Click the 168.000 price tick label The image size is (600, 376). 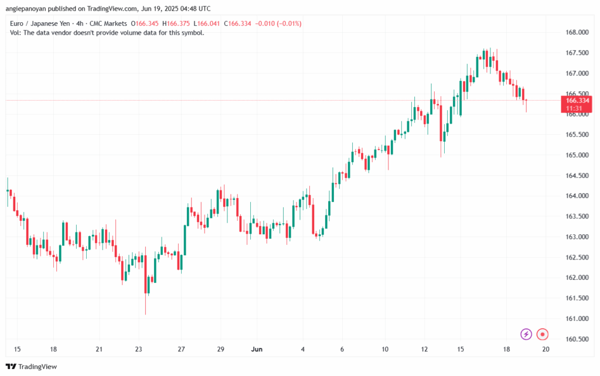(577, 32)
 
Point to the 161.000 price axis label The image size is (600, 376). (577, 319)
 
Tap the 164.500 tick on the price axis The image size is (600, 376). (577, 176)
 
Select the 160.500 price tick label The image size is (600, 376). (577, 339)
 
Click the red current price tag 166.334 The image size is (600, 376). (577, 101)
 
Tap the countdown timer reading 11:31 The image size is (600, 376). (574, 108)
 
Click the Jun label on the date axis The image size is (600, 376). (257, 349)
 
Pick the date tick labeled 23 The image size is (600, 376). (138, 349)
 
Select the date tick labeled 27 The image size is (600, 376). (182, 349)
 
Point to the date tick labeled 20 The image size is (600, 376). (546, 349)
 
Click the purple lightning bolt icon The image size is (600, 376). (526, 334)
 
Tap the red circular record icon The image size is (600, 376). (542, 334)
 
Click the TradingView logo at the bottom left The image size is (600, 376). (32, 367)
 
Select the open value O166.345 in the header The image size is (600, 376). (145, 23)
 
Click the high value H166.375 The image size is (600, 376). (176, 23)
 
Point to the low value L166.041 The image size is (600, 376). (207, 23)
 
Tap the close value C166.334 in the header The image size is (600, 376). (238, 23)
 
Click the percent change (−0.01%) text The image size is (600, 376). (289, 23)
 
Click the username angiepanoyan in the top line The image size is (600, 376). (26, 8)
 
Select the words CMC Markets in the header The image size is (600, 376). (108, 23)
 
